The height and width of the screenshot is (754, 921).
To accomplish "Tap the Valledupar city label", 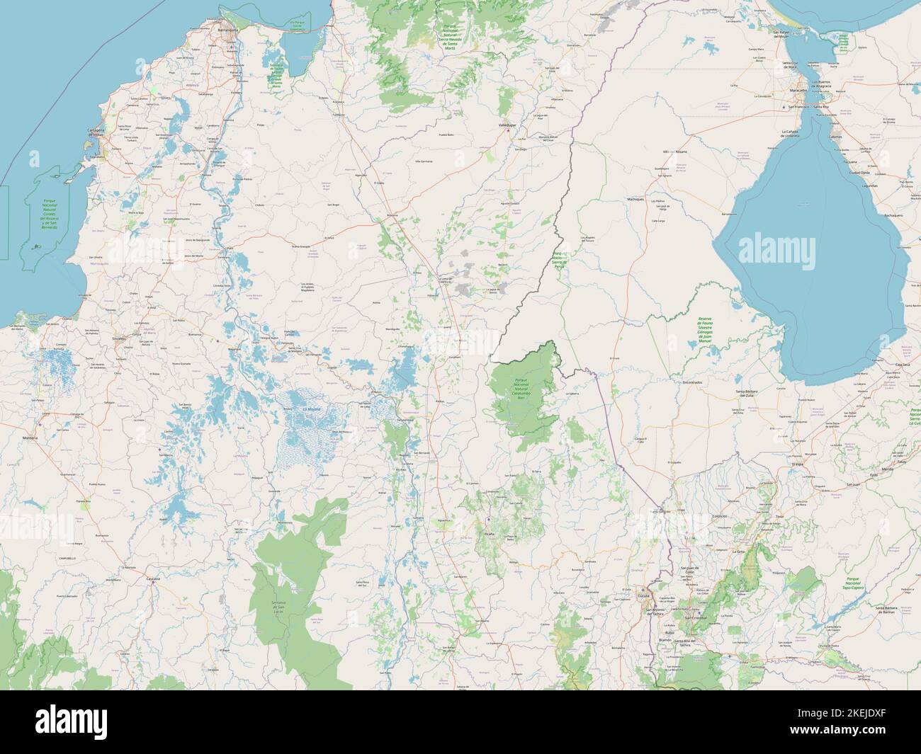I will [x=509, y=125].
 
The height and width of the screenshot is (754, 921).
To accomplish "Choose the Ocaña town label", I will [x=488, y=533].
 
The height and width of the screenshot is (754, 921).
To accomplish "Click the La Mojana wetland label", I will [x=311, y=409].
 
